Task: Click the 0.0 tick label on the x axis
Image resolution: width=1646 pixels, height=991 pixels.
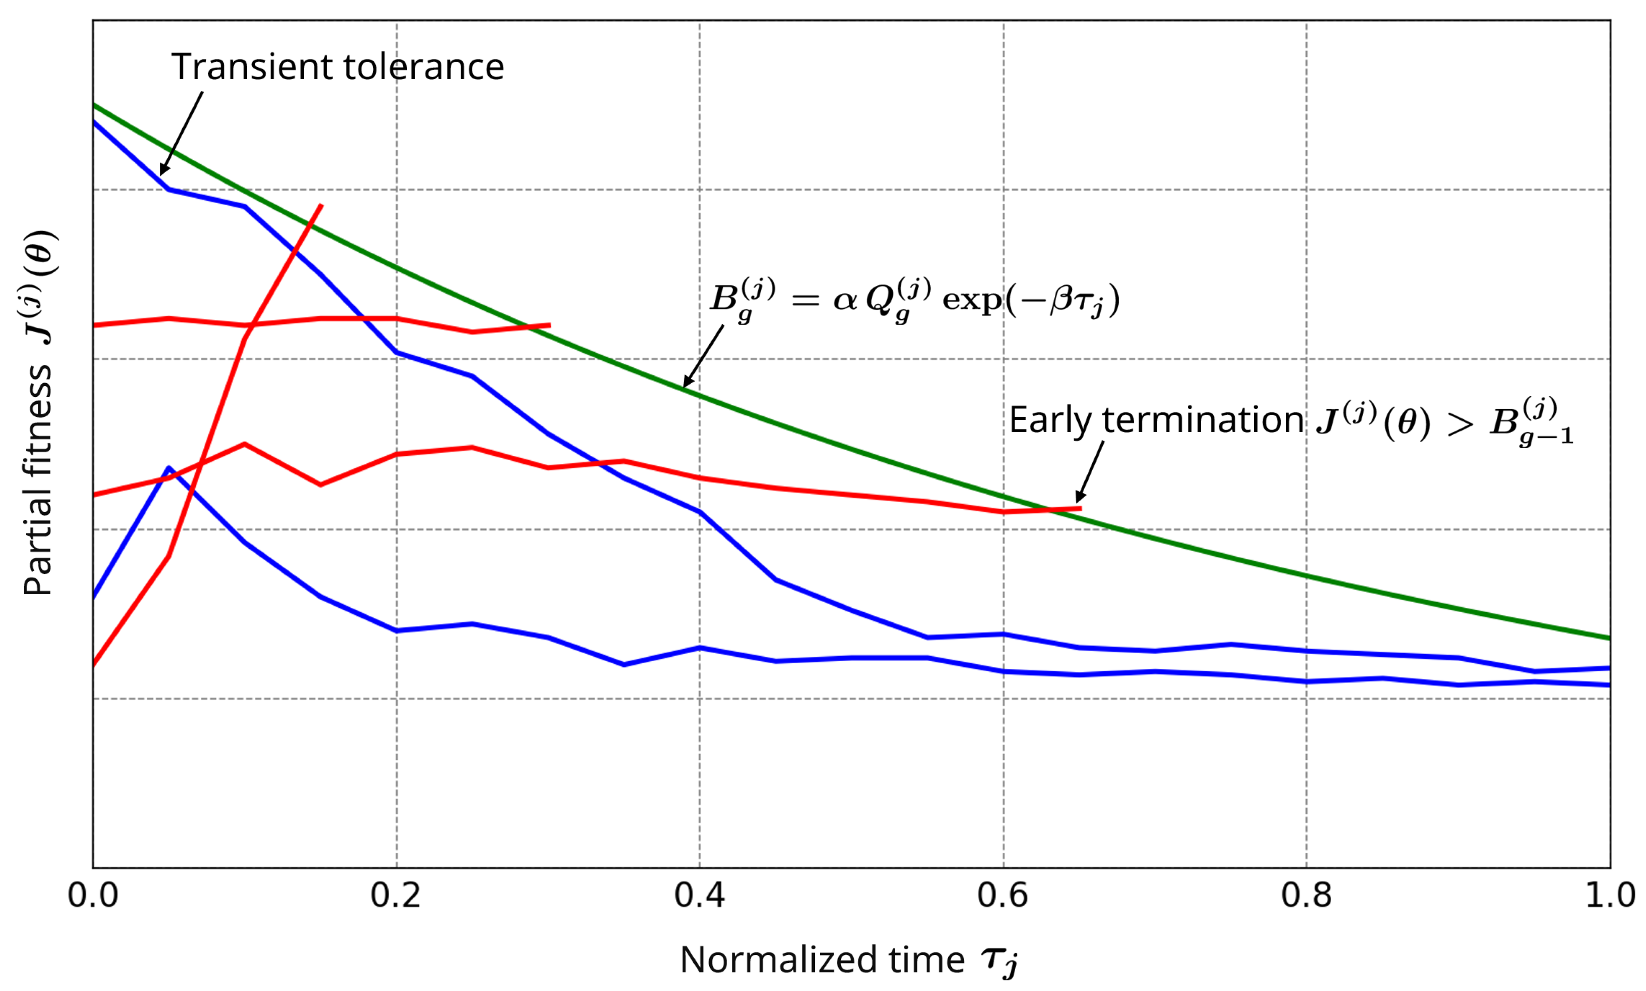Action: tap(93, 895)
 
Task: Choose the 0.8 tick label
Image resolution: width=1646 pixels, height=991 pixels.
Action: tap(1306, 895)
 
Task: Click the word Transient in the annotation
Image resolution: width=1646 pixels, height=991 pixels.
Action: tap(252, 67)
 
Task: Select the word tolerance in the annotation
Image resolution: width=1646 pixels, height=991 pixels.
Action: tap(423, 67)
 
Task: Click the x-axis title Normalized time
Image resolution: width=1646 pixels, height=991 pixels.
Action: tap(821, 960)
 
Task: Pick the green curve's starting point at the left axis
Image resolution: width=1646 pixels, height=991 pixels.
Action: tap(94, 105)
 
